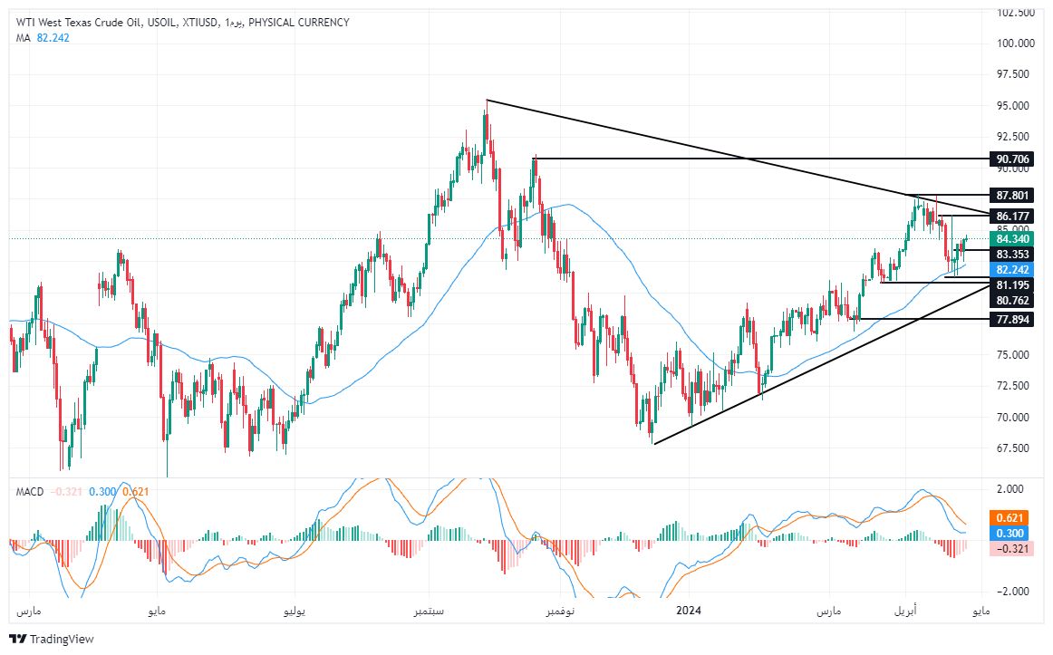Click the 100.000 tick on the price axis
pos(1015,43)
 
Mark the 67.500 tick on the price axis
pos(1015,448)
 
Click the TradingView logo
pos(52,639)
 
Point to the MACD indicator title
pos(29,491)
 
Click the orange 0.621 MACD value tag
pos(1009,517)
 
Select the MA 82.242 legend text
pos(43,37)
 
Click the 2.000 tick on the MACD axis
pos(1010,489)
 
